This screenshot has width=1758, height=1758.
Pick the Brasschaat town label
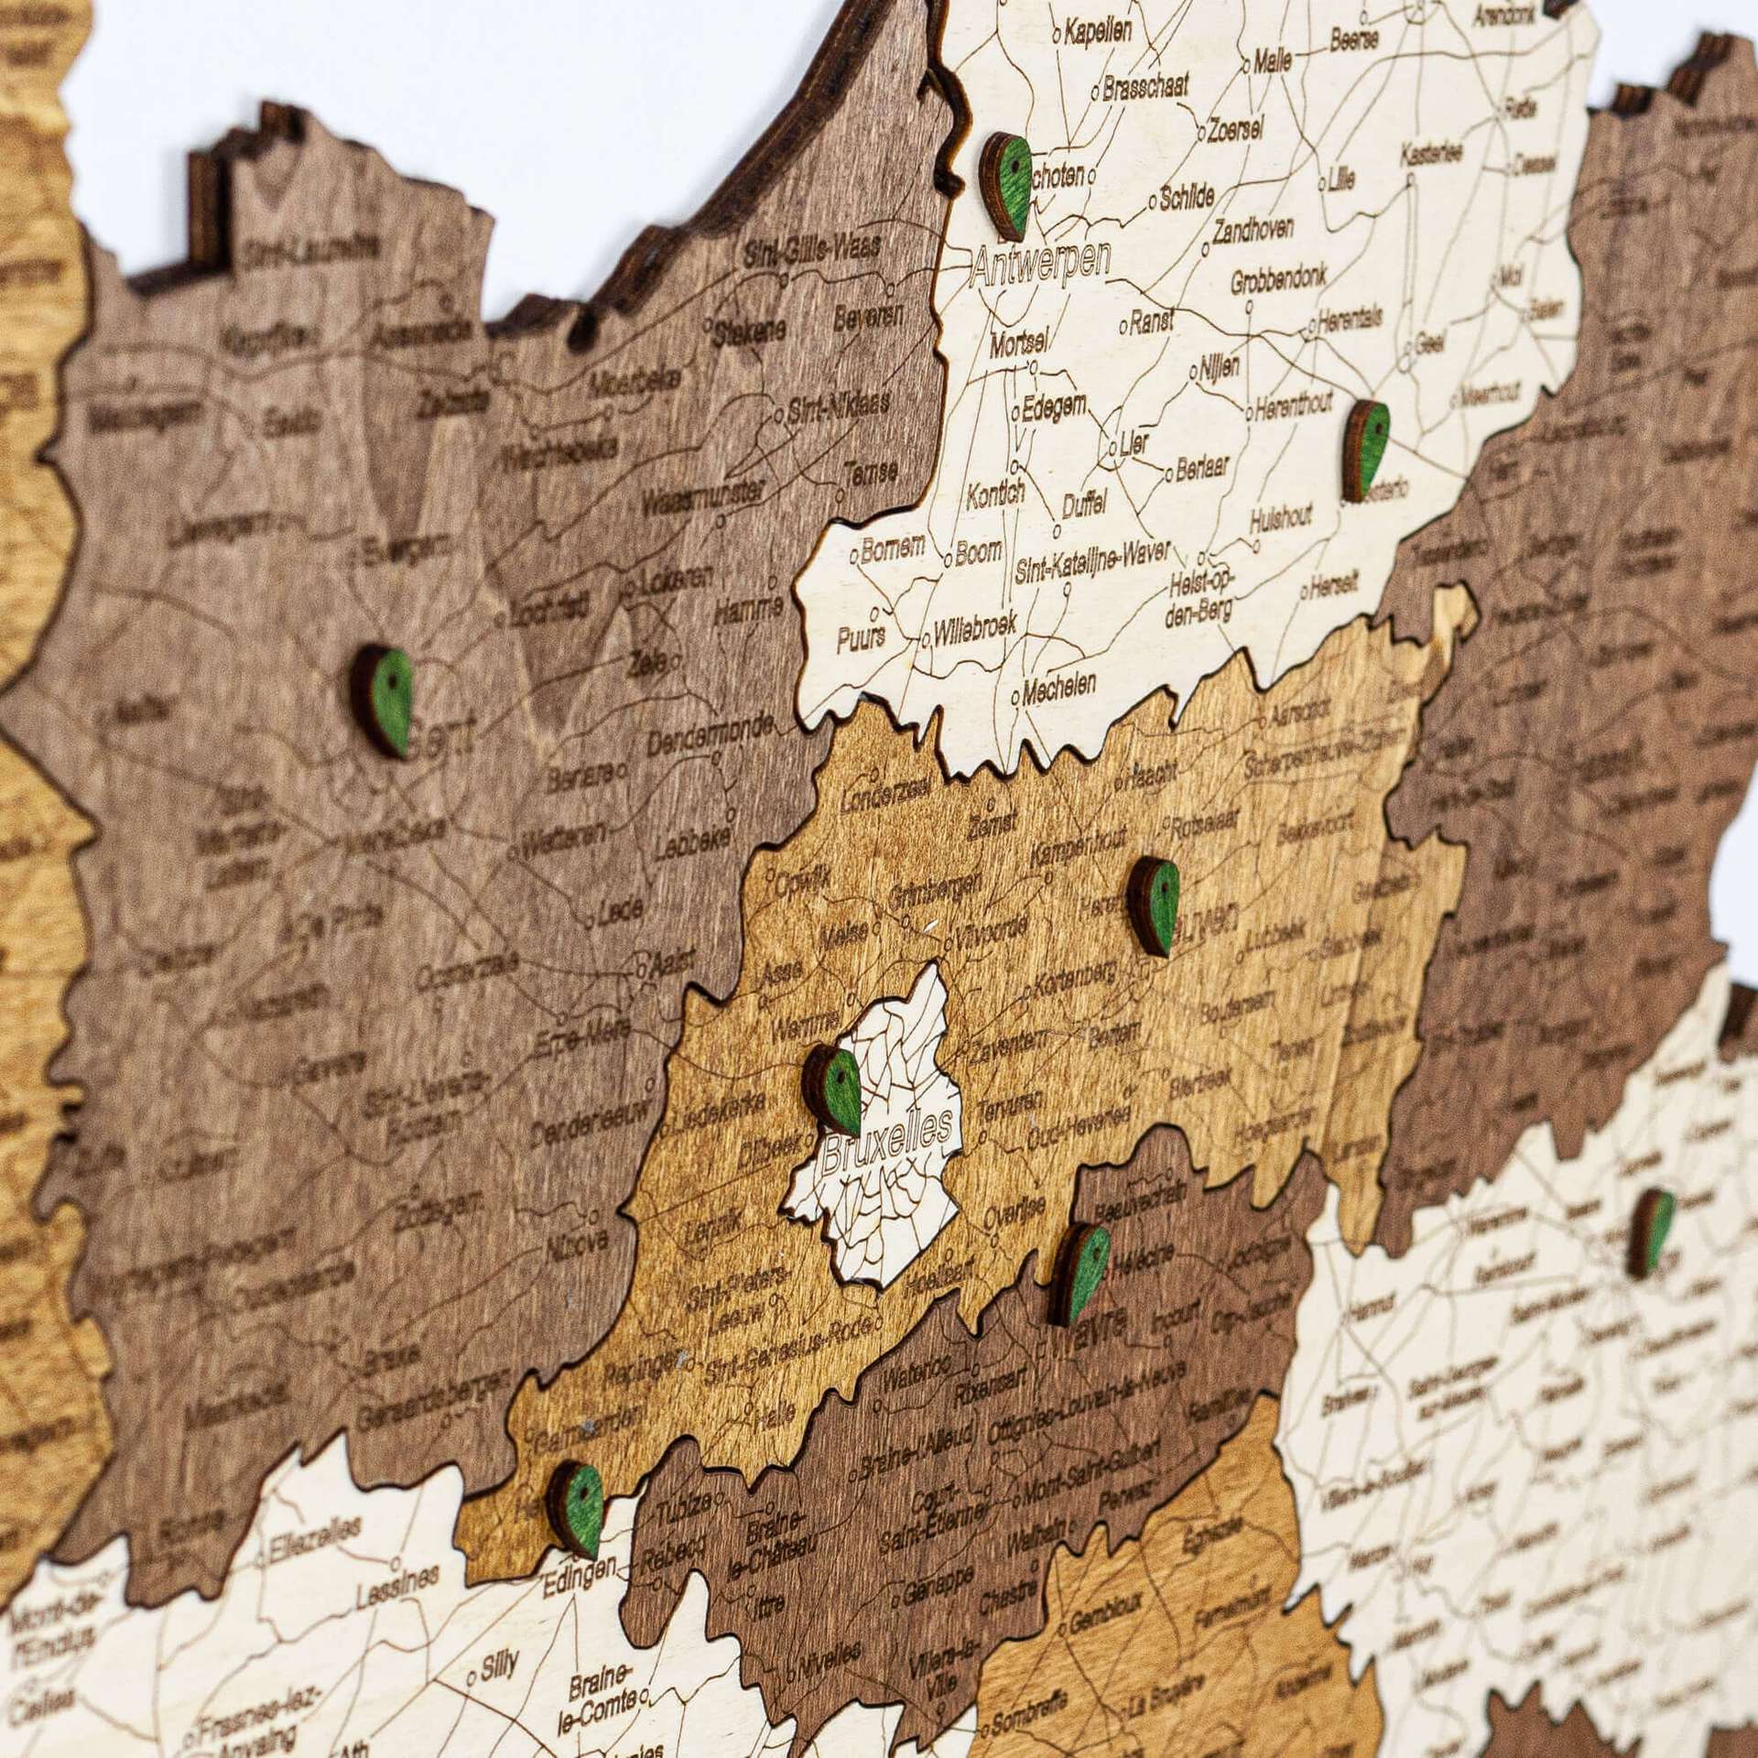tap(1145, 88)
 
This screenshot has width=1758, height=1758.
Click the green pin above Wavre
tap(1080, 1273)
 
